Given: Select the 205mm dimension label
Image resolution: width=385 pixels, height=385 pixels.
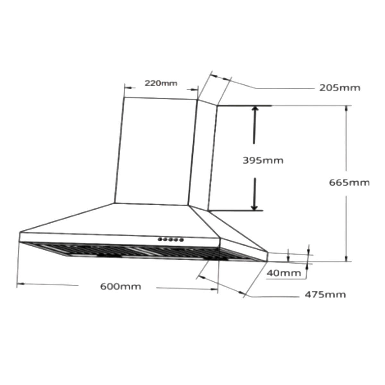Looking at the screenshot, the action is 340,88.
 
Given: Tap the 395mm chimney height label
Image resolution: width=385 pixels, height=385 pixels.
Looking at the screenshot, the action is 263,160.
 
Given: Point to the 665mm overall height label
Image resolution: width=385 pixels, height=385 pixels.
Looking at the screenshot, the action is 349,183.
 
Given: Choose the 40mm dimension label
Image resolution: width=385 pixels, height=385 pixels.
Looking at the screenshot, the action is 284,273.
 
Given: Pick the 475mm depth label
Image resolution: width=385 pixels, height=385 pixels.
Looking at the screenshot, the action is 325,295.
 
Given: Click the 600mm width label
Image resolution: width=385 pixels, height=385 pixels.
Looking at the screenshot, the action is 121,287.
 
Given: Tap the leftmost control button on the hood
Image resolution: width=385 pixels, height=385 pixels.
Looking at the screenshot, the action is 160,239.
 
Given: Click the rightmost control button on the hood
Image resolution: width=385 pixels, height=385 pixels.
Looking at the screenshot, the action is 181,240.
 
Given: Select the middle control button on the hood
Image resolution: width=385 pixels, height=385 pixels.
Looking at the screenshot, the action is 170,239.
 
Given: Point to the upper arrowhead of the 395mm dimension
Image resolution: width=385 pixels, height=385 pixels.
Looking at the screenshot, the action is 255,108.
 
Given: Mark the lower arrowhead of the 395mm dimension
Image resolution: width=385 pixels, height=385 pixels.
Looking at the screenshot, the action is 254,208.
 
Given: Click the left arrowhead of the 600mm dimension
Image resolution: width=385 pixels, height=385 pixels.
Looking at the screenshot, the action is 21,284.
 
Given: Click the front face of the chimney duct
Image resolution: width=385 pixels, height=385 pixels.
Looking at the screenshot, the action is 155,151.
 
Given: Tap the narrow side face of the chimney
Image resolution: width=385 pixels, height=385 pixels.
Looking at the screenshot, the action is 203,155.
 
